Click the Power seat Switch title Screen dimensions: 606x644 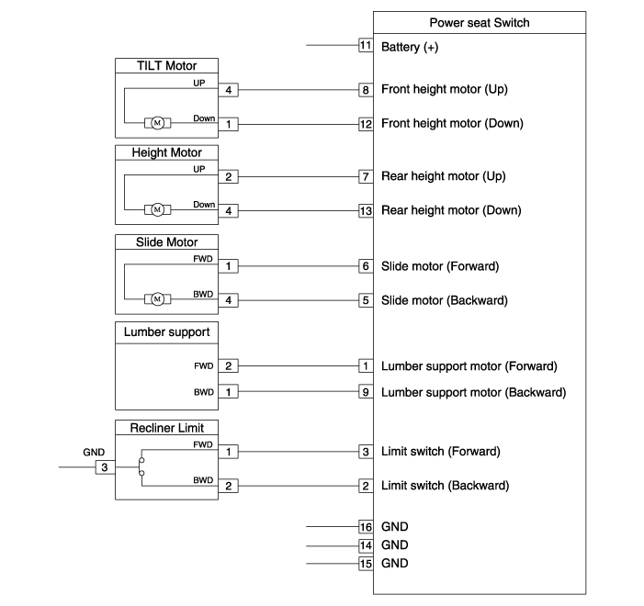[480, 23]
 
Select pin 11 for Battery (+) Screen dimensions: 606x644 [366, 45]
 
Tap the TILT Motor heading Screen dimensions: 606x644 [167, 65]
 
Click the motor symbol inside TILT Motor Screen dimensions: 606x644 [156, 123]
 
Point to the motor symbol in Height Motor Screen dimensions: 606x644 [156, 210]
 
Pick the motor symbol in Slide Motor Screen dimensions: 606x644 [156, 299]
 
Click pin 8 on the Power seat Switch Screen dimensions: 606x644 [366, 90]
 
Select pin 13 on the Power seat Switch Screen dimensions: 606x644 [366, 210]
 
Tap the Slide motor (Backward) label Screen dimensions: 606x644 [444, 300]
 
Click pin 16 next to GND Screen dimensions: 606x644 [366, 527]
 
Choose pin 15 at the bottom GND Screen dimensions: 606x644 [366, 563]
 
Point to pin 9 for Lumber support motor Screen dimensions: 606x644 [366, 392]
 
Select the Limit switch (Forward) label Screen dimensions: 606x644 [440, 452]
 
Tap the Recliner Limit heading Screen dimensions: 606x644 [167, 427]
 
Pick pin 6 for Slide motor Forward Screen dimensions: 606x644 [366, 266]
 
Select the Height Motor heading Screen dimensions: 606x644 [167, 152]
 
